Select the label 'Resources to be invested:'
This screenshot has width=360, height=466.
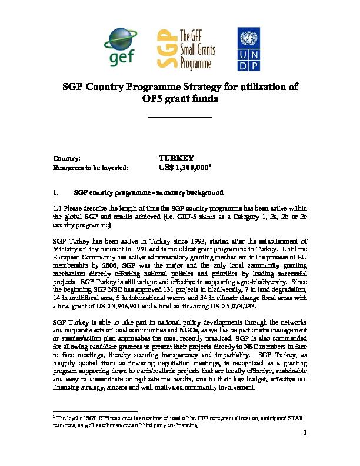(91, 168)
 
